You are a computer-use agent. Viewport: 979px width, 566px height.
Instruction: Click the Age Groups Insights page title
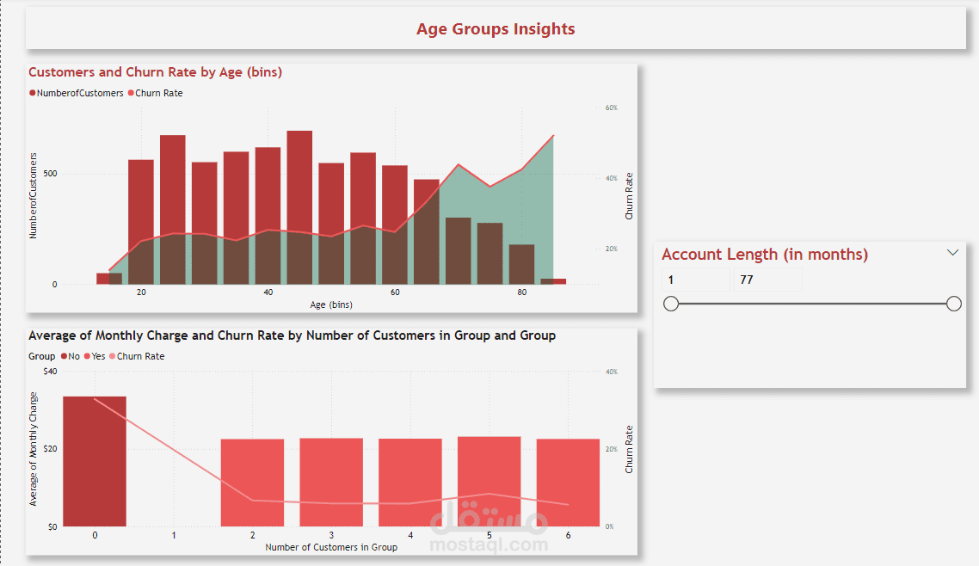pos(496,29)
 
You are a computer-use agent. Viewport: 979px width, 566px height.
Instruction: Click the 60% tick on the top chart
pos(612,108)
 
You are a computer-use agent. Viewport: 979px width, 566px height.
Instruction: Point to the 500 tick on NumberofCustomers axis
pos(51,174)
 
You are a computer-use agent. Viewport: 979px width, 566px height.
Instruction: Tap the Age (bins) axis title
pos(331,305)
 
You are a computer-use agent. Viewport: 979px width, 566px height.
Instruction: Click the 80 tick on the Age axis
pos(521,292)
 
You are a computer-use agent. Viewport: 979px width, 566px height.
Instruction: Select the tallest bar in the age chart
pos(299,206)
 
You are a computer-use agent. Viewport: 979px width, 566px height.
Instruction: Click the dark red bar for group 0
pos(95,460)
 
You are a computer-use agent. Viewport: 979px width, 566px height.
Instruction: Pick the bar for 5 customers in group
pos(489,481)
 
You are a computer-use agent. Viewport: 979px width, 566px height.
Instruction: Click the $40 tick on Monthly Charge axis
pos(51,372)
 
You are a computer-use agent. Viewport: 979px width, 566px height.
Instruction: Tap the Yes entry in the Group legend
pos(98,356)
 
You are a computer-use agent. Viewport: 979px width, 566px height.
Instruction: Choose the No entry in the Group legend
pos(73,356)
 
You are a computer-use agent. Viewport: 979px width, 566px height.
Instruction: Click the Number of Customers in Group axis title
pos(331,547)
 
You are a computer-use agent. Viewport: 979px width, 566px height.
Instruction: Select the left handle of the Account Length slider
pos(672,304)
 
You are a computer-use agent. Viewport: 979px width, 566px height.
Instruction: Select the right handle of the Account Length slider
pos(953,304)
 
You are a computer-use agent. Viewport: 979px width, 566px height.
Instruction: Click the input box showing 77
pos(767,280)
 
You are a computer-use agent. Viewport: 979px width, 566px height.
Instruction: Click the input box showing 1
pos(695,280)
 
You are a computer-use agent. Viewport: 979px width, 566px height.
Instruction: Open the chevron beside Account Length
pos(952,253)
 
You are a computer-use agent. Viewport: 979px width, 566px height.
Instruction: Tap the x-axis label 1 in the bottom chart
pos(174,535)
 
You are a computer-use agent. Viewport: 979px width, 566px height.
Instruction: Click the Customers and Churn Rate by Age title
pos(156,72)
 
